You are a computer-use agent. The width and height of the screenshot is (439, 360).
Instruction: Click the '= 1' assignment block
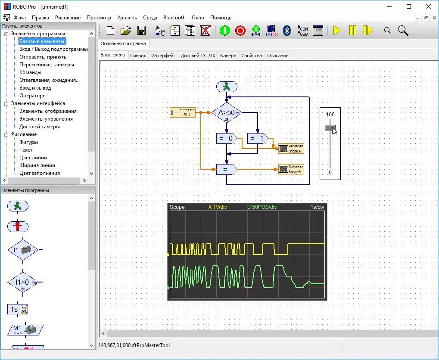point(257,138)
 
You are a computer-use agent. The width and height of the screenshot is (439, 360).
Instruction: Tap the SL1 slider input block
point(183,113)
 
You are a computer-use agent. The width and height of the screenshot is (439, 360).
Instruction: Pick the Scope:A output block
point(291,149)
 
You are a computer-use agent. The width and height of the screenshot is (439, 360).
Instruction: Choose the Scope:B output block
point(291,169)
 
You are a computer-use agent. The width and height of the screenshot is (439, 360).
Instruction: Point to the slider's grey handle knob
point(330,127)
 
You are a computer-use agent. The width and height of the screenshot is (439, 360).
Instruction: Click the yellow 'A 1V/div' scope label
point(218,207)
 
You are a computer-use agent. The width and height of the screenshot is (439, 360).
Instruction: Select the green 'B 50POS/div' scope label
point(262,207)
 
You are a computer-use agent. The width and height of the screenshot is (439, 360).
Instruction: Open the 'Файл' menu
point(19,18)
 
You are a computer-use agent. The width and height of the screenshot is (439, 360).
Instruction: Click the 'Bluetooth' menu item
point(174,18)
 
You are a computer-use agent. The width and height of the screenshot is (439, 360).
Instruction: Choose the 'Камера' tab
point(228,56)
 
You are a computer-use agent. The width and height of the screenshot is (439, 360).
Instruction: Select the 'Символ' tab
point(138,56)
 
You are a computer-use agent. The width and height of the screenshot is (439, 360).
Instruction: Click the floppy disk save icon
point(141,31)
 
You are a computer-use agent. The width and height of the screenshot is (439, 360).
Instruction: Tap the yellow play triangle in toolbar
point(337,31)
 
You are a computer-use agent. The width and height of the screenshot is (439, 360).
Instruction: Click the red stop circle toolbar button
point(240,31)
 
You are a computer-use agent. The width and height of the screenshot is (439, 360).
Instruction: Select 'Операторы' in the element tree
point(33,96)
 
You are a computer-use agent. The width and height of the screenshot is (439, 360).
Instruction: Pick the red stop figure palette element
point(18,226)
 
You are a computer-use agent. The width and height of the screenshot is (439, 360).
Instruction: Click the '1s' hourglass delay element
point(18,309)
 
